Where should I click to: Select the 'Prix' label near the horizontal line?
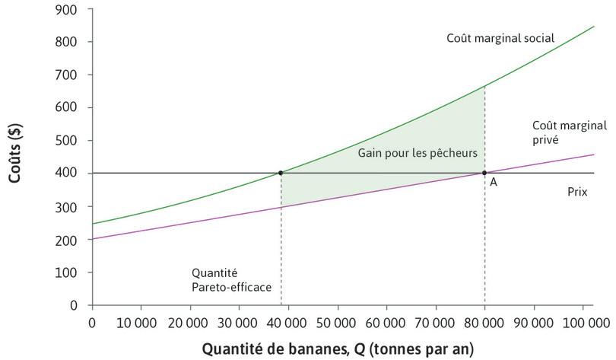tap(577, 193)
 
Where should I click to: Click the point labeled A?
tap(484, 173)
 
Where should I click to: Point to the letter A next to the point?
tap(493, 183)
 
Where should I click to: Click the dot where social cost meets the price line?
tap(281, 173)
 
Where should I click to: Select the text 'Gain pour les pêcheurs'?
tap(418, 153)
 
